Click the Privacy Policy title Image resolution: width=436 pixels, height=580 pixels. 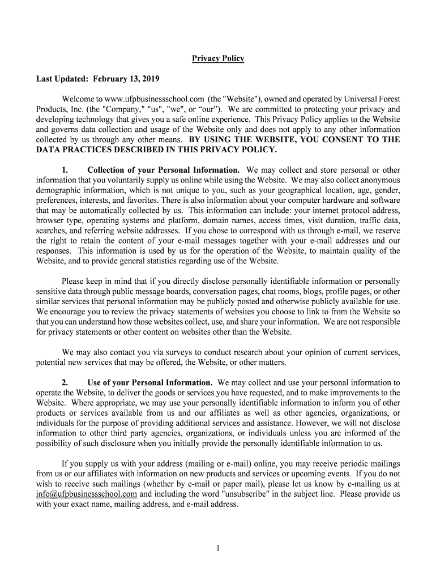coord(218,59)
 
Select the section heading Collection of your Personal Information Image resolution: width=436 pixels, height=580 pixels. coord(164,170)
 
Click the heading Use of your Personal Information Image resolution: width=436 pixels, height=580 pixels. coord(150,382)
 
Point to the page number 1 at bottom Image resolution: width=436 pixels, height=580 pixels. coord(218,548)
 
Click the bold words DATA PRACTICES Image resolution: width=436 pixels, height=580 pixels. coord(72,150)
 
